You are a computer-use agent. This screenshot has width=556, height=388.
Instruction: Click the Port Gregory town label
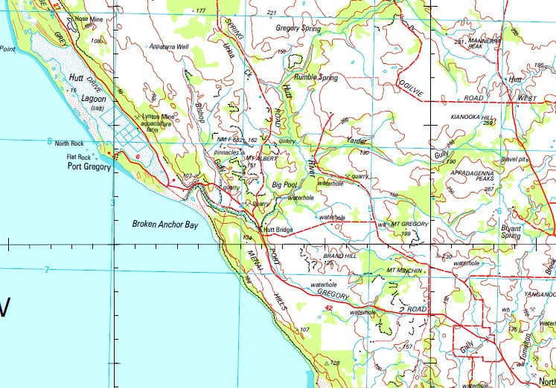pos(88,167)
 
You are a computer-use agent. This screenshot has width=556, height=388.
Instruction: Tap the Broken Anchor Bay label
pos(165,223)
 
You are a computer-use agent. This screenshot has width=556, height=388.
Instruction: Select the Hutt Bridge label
pos(280,230)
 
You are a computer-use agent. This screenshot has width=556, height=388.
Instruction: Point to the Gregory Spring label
pos(298,28)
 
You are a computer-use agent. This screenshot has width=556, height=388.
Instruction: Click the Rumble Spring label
pos(315,77)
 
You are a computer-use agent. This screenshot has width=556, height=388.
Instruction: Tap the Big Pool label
pos(285,184)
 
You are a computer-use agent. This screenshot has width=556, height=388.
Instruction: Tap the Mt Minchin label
pos(405,270)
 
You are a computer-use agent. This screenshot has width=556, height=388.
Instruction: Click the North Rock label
pos(71,143)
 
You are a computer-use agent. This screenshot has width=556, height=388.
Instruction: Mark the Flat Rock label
pos(78,157)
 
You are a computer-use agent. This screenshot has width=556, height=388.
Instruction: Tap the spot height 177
pos(199,11)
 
